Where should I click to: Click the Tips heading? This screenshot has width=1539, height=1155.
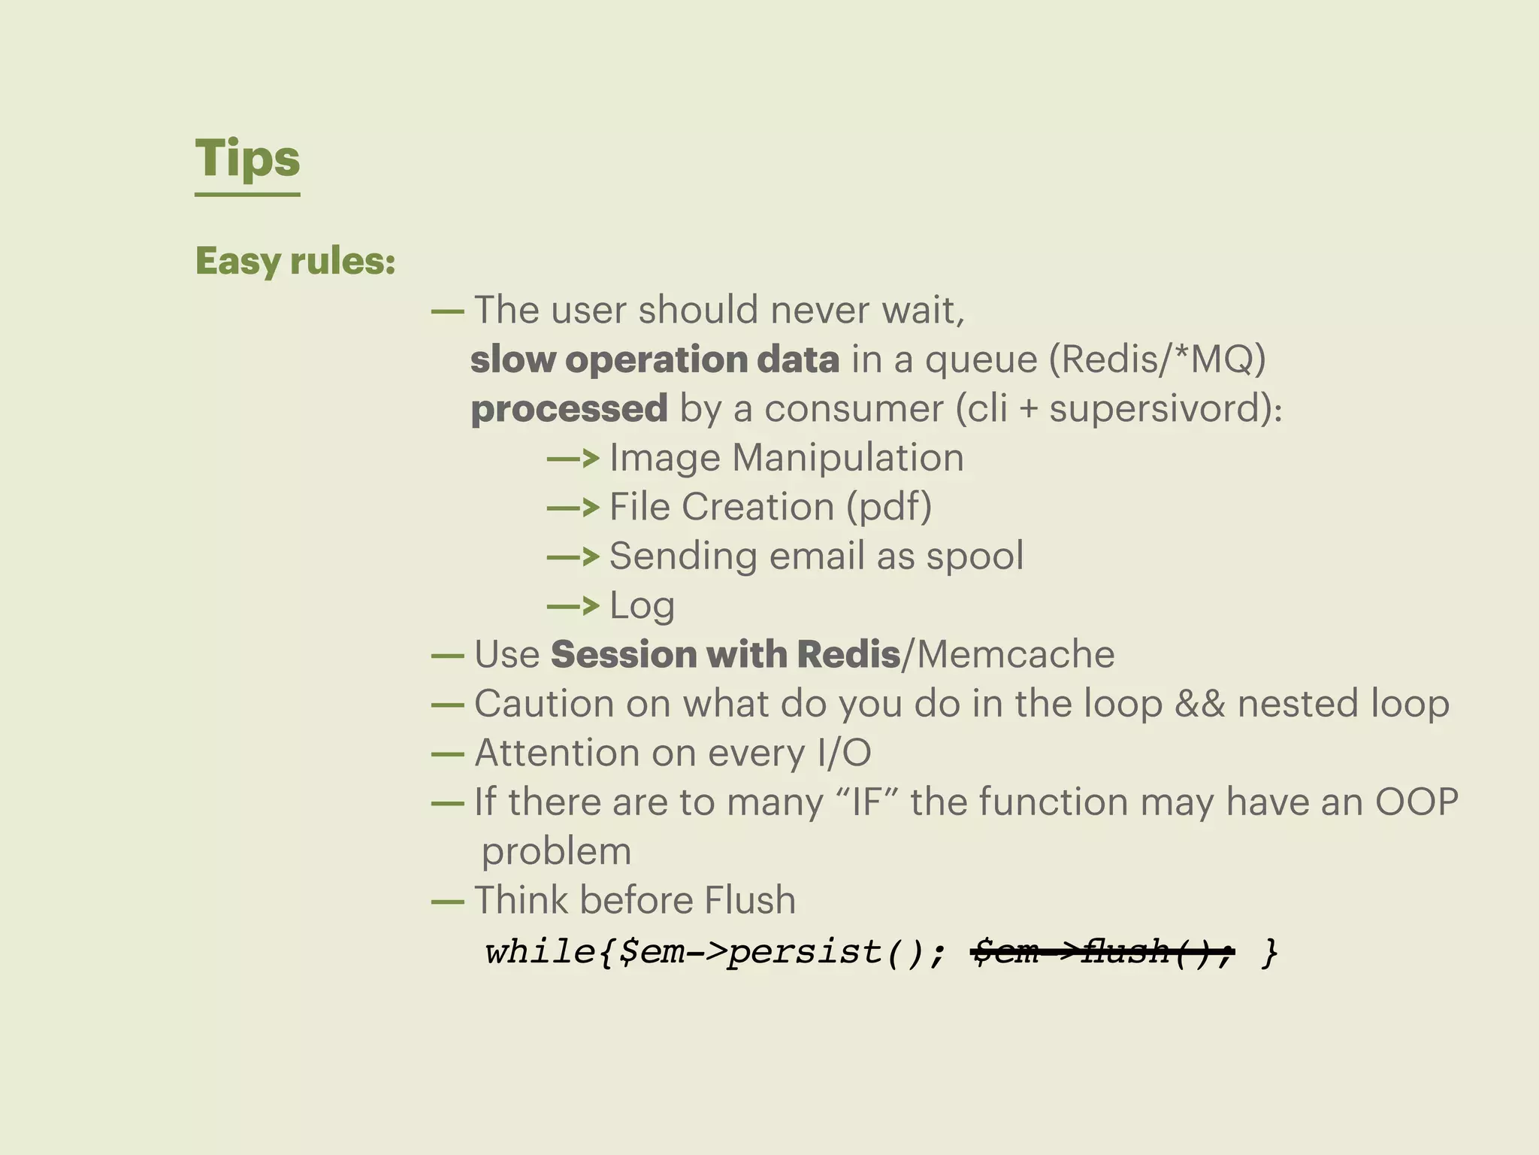(247, 159)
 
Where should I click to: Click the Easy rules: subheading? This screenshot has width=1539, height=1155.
(295, 261)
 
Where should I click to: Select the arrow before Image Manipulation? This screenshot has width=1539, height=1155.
(573, 458)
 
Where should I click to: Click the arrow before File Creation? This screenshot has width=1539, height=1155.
(573, 508)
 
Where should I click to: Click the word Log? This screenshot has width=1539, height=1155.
(642, 606)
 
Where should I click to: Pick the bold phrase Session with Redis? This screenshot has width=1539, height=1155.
(725, 654)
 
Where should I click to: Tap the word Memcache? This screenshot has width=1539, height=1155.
(1015, 654)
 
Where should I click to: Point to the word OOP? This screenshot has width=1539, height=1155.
(1417, 802)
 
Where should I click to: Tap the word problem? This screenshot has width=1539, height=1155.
(556, 852)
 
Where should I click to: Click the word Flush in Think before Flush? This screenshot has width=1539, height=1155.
(750, 900)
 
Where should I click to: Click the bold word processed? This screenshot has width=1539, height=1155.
(569, 409)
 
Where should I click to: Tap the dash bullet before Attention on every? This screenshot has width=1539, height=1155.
(447, 753)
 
